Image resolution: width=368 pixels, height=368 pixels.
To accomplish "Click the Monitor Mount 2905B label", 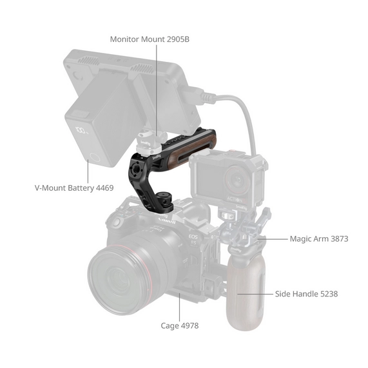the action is click(x=150, y=39).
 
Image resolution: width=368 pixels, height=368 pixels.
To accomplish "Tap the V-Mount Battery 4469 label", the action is click(x=74, y=188).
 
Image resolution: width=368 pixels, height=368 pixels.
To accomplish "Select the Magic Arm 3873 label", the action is click(x=319, y=239).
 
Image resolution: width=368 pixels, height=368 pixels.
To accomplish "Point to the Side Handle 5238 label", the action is click(x=306, y=294).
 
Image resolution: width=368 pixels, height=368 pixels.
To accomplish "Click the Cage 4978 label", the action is click(x=180, y=325).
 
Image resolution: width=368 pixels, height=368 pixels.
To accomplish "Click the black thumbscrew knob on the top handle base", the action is click(x=164, y=198).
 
